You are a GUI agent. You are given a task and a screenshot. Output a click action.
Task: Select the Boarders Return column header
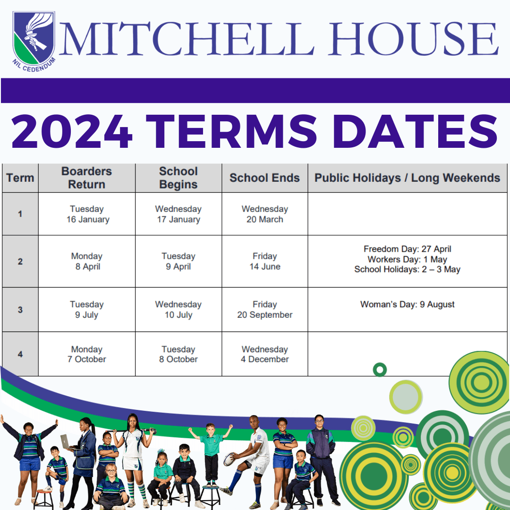click(x=87, y=178)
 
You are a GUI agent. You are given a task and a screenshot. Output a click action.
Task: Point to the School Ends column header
click(x=264, y=178)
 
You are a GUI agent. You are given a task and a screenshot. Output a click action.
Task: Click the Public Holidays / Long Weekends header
click(x=407, y=178)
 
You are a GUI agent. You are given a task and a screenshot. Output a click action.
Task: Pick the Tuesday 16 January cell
click(x=87, y=214)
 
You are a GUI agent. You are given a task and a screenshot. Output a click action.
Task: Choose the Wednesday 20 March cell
click(x=264, y=214)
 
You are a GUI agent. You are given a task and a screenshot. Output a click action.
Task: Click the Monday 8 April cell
click(x=87, y=261)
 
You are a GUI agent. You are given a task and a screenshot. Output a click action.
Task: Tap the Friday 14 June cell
click(x=264, y=261)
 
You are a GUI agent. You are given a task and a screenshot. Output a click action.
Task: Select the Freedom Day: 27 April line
click(x=407, y=249)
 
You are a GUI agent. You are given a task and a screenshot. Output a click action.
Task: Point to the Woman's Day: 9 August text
click(x=407, y=305)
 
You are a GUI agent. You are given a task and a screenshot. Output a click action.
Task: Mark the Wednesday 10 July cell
click(x=178, y=310)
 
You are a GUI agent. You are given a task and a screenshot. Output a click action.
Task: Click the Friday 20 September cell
click(x=264, y=310)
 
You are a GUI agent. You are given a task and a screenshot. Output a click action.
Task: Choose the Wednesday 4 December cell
click(x=264, y=354)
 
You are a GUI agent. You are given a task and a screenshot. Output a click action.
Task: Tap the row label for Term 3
click(x=20, y=310)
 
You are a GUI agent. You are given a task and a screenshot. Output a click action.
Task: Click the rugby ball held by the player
click(x=229, y=458)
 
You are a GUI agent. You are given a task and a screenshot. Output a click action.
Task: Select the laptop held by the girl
click(x=66, y=442)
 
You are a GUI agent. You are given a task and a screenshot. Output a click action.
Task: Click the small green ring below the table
click(x=380, y=369)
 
